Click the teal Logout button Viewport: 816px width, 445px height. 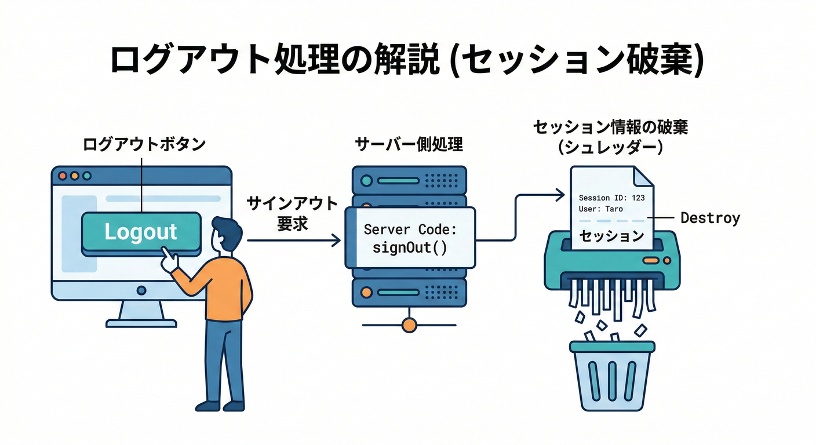pos(141,232)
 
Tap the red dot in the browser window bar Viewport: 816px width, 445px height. pos(63,176)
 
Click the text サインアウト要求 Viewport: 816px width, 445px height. pos(292,213)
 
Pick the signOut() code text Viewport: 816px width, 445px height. pos(410,247)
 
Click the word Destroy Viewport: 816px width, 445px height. pos(710,218)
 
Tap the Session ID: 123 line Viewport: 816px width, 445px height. pos(611,198)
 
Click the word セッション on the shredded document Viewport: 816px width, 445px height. pos(612,236)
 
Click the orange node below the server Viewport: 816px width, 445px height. pos(409,324)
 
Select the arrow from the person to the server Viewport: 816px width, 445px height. pos(293,240)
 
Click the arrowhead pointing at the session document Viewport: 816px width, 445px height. pos(559,195)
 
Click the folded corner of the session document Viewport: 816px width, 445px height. pos(643,177)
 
